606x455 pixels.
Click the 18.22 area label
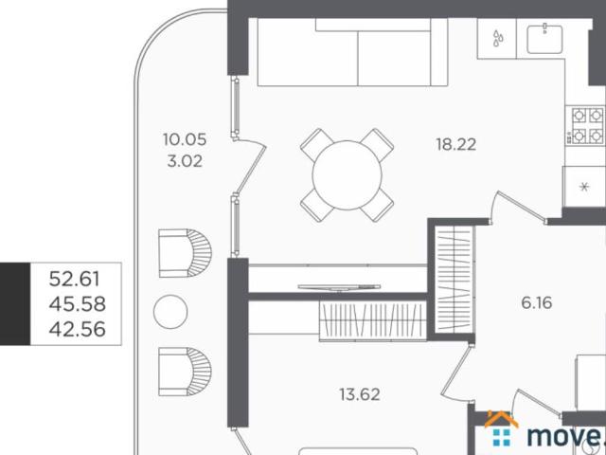[x=456, y=145]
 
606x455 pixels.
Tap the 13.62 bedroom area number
[x=360, y=394]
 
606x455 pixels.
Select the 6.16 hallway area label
[x=537, y=302]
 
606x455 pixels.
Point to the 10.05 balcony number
[x=185, y=139]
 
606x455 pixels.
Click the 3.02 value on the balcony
[x=185, y=161]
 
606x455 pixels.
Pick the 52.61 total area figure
[x=75, y=279]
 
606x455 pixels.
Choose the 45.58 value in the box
[x=78, y=304]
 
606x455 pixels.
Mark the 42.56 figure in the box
[x=78, y=329]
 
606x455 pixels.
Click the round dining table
[x=348, y=175]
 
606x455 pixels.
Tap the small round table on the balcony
[x=170, y=312]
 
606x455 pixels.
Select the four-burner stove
[x=585, y=126]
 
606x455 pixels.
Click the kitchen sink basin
[x=544, y=38]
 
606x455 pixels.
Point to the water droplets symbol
[x=498, y=38]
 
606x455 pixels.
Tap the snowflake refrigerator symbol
[x=584, y=188]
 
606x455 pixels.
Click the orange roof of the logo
[x=501, y=419]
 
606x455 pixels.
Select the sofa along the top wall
[x=352, y=52]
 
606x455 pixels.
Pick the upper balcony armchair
[x=186, y=253]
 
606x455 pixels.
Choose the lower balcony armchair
[x=186, y=372]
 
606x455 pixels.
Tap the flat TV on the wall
[x=339, y=287]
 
